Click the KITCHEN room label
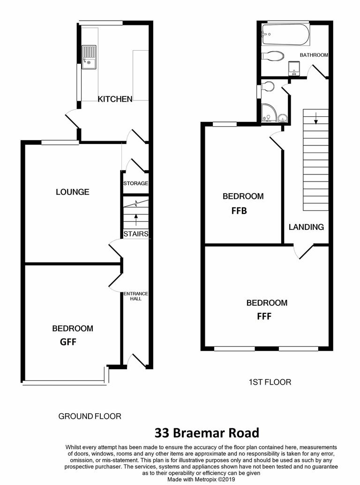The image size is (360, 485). pos(115,99)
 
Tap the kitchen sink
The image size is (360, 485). pos(89,57)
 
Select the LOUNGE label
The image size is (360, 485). pos(72,192)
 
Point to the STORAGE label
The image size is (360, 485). pos(135,183)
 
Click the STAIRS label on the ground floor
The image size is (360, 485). pos(136,234)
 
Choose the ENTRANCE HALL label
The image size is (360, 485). pos(136,296)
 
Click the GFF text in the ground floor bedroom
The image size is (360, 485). pos(68,342)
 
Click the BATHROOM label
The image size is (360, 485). pos(314,55)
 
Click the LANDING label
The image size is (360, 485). pos(306,227)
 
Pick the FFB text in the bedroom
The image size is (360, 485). pos(239,211)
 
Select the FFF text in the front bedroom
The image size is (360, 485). pos(265,317)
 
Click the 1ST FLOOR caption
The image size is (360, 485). pos(270,382)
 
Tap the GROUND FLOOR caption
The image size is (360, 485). pos(90,416)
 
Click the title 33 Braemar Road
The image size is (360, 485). pos(207,432)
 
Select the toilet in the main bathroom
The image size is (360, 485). pos(272,56)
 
